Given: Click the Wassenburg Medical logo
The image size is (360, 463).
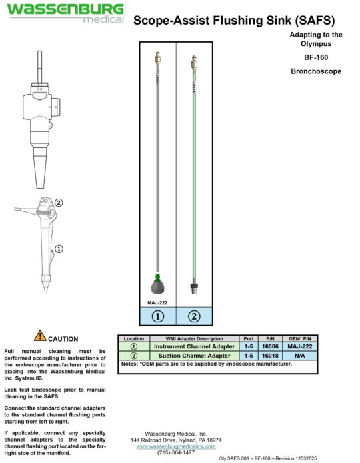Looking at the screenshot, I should [x=65, y=13].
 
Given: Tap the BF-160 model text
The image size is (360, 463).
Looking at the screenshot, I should [x=317, y=57].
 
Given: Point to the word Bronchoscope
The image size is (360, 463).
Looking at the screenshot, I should [x=317, y=71].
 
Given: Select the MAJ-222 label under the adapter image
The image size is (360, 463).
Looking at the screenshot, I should [x=157, y=302].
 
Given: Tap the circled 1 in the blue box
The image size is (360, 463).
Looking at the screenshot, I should [x=158, y=316].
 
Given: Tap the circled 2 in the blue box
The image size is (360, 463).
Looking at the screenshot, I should [x=193, y=316].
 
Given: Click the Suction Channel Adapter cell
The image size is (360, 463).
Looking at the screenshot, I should [x=194, y=356].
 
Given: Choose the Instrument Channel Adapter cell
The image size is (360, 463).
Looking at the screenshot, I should [x=194, y=346].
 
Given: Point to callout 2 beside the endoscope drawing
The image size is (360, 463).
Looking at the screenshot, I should [x=59, y=203].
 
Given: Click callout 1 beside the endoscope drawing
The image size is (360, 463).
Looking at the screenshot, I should [x=59, y=249].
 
